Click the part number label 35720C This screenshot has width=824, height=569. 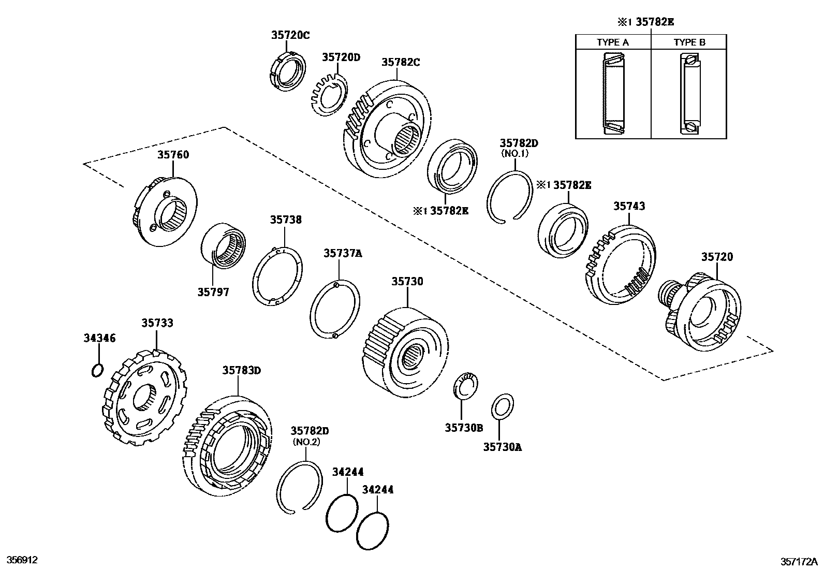290,35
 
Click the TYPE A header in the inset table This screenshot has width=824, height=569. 612,42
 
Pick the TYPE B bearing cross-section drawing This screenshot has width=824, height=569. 689,94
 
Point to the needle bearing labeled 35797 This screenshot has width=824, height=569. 224,246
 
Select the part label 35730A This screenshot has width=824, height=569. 502,446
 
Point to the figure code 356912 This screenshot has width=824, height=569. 22,560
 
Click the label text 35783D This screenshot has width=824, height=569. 242,370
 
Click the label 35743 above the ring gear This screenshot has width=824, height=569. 629,206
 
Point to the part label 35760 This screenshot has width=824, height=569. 173,155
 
